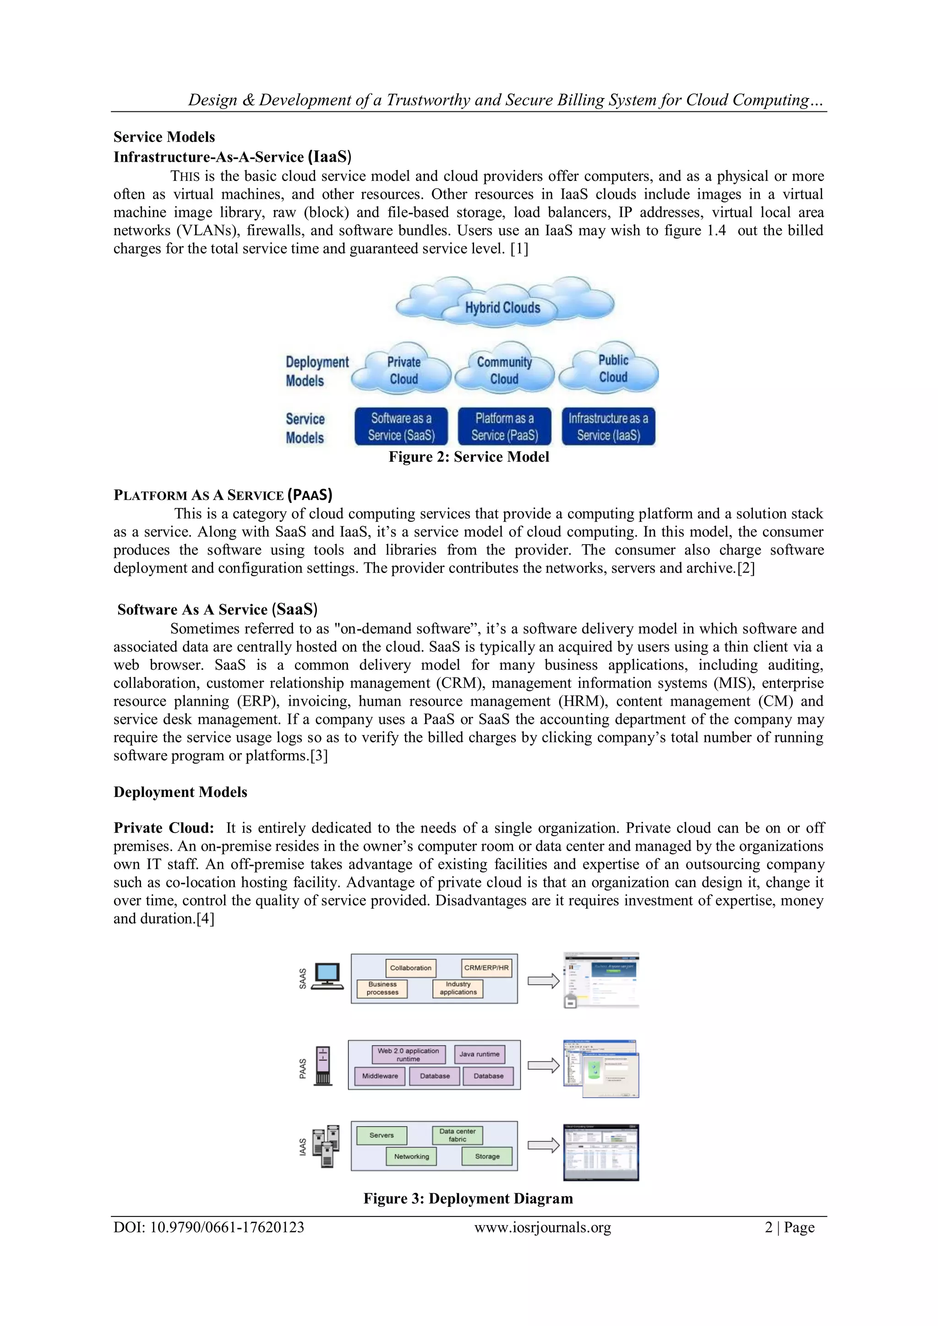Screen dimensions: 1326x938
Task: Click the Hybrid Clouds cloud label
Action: tap(502, 307)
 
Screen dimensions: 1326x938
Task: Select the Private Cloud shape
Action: tap(403, 371)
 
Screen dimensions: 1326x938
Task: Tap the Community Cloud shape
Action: tap(504, 371)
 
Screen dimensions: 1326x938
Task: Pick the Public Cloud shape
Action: tap(612, 368)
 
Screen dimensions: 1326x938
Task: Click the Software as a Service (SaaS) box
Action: tap(401, 427)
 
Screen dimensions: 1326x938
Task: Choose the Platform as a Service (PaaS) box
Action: tap(504, 427)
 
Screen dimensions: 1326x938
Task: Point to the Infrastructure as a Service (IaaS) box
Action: tap(608, 427)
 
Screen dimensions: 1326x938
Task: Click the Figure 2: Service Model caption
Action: tap(469, 457)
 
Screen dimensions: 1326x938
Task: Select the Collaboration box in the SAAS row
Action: tap(411, 968)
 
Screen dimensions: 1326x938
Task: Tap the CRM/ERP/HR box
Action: tap(486, 968)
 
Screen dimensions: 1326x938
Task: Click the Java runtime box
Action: tap(480, 1054)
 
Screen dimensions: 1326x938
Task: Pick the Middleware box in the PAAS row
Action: tap(380, 1076)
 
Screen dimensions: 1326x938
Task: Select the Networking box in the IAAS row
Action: tap(411, 1156)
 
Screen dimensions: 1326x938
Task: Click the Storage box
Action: tap(487, 1156)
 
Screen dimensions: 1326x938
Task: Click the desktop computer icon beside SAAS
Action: tap(327, 976)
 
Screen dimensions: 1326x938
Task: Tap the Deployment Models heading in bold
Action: tap(180, 792)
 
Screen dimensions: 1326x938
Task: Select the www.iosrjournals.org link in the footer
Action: tap(542, 1227)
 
